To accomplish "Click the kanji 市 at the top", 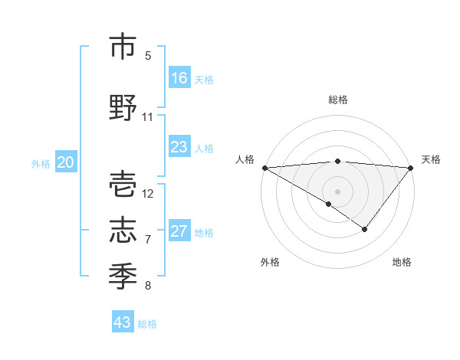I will pyautogui.click(x=123, y=47).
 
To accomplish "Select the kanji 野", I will pyautogui.click(x=123, y=108).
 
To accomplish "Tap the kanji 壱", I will pyautogui.click(x=123, y=185).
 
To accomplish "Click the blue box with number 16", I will pyautogui.click(x=179, y=78).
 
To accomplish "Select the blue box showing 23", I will pyautogui.click(x=179, y=147).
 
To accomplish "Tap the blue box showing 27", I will pyautogui.click(x=179, y=231).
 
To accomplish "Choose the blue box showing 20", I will pyautogui.click(x=66, y=162).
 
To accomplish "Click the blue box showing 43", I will pyautogui.click(x=123, y=322).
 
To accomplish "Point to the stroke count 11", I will pyautogui.click(x=148, y=117).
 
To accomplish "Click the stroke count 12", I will pyautogui.click(x=148, y=193).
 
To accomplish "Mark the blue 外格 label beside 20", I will pyautogui.click(x=41, y=163).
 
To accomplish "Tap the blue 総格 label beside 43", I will pyautogui.click(x=148, y=324).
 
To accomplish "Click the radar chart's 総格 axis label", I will pyautogui.click(x=338, y=100).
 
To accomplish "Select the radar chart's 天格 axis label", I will pyautogui.click(x=432, y=159).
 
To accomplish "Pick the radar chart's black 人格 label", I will pyautogui.click(x=245, y=159).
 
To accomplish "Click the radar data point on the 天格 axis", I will pyautogui.click(x=412, y=168).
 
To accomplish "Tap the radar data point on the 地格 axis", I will pyautogui.click(x=365, y=229).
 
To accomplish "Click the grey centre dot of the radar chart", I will pyautogui.click(x=338, y=191).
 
